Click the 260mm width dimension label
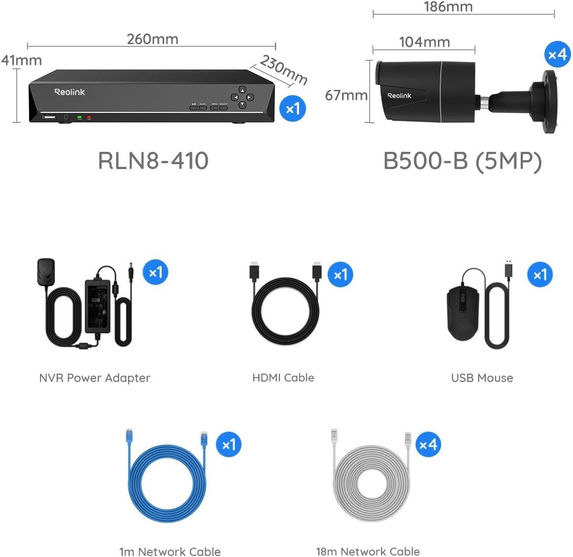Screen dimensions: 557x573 click(152, 39)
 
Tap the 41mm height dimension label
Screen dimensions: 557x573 click(21, 61)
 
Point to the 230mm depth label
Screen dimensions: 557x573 click(283, 70)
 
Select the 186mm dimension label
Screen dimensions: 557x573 click(448, 7)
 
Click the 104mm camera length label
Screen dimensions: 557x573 click(424, 42)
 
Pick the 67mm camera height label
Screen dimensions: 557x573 click(346, 95)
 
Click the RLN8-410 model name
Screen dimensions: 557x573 click(153, 161)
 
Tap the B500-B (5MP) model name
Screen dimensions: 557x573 click(462, 161)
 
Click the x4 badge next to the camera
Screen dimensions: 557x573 click(557, 54)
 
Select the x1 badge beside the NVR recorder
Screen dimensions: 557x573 click(293, 108)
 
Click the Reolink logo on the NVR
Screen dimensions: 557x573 click(70, 92)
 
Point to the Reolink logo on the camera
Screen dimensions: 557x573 click(399, 96)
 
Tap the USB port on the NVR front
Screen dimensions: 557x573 click(49, 117)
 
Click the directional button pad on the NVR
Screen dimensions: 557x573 click(242, 97)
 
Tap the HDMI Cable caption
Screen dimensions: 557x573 click(283, 378)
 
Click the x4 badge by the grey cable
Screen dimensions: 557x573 click(428, 445)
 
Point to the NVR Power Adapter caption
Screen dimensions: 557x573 click(94, 378)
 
